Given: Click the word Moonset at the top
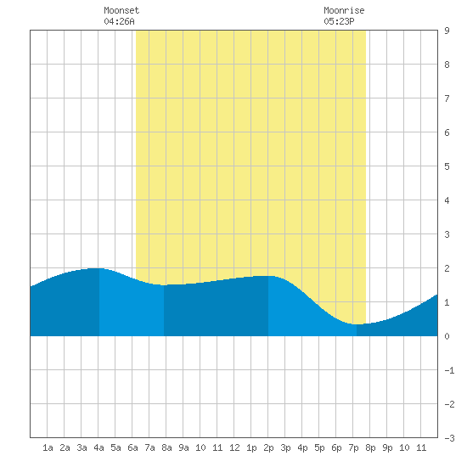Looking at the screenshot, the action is (121, 10).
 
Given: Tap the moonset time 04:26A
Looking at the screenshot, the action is (119, 21).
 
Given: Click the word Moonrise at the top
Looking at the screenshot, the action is (344, 10).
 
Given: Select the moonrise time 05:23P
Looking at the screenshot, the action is (339, 21).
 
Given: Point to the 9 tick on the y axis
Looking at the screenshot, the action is (447, 31).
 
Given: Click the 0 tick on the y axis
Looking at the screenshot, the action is (447, 336).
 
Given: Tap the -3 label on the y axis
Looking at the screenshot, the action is (450, 438).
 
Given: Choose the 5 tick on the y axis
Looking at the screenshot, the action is (447, 166).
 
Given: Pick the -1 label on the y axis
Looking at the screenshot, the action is (450, 370).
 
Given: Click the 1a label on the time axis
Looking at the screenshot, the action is (48, 447).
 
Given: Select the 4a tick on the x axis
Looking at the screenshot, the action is (98, 447).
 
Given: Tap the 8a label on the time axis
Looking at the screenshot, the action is (166, 447).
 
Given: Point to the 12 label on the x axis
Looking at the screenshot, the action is (234, 447).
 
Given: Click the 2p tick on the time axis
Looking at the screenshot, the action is (268, 447).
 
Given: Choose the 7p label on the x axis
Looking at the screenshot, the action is (353, 447).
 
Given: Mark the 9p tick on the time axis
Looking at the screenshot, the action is (387, 447).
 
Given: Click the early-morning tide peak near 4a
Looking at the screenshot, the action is (96, 268).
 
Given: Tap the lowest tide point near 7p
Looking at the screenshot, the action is (357, 324).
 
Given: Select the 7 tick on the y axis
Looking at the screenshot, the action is (447, 98).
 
